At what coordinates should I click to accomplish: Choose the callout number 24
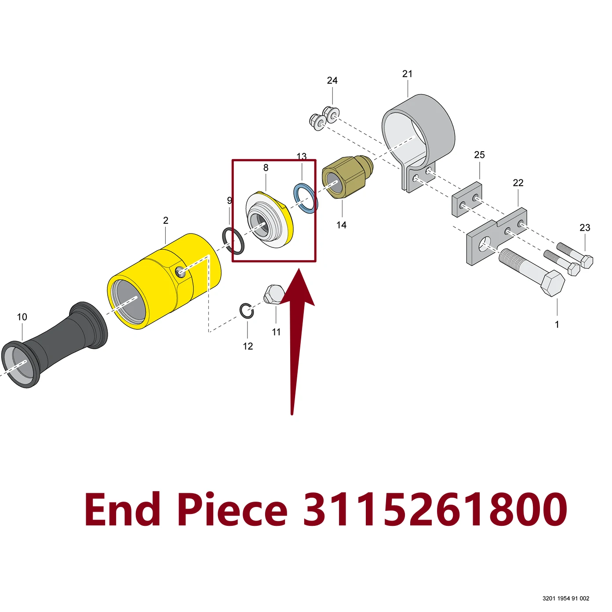tap(332, 80)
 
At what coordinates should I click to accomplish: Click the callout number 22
tap(518, 182)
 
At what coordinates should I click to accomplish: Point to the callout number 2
tap(165, 220)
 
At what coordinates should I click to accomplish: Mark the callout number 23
tap(585, 227)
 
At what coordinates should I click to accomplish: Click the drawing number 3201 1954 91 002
tap(566, 599)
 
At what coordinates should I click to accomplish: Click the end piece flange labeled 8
tap(270, 219)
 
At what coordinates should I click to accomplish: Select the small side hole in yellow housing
tap(181, 272)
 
